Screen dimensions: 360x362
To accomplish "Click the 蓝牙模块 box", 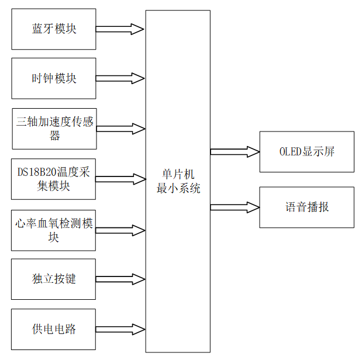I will pos(53,29).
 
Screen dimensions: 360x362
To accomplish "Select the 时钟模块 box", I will pos(53,78).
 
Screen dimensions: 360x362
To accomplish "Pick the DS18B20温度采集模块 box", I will pos(53,179).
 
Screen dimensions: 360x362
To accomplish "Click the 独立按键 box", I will pos(53,279).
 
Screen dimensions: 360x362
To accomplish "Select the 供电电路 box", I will pos(53,329).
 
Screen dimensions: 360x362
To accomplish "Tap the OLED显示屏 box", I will pos(306,152).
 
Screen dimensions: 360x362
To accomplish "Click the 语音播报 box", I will pos(306,207).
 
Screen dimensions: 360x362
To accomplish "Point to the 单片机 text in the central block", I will pos(177,175).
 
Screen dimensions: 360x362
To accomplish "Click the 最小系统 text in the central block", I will pos(177,188).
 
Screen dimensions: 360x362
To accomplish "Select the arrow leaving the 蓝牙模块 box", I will pos(120,29).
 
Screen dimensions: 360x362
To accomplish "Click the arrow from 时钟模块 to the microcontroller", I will pos(120,78).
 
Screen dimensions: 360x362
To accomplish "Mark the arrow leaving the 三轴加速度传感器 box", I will pos(120,129).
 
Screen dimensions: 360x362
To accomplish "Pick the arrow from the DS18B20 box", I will pos(120,179).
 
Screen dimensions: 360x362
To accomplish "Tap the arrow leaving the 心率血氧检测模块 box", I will pos(120,230).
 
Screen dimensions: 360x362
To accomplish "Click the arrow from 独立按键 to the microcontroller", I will pos(120,279).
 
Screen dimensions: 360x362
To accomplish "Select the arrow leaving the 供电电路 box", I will pos(120,329).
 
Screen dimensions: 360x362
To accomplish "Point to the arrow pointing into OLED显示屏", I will pos(235,152).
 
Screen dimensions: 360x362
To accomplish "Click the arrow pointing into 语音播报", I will pos(235,207).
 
